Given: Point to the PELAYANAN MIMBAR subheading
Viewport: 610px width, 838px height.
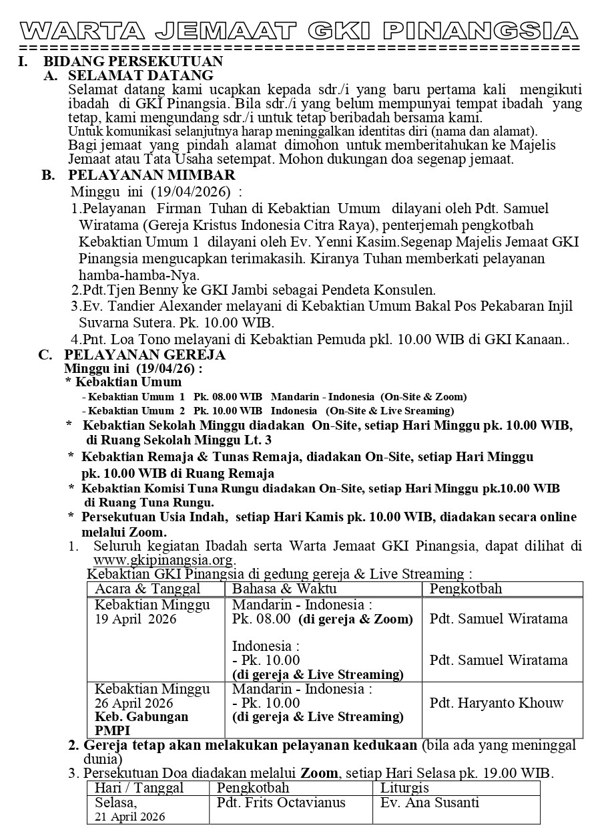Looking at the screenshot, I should coord(151,176).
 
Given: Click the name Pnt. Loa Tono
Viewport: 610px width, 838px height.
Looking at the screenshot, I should coord(123,339).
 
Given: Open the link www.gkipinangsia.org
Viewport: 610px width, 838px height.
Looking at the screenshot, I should coord(164,559).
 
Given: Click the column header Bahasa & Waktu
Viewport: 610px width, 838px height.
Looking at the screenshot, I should coord(284,589).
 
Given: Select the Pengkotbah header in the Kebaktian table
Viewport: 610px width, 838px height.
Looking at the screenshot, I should coord(466,589).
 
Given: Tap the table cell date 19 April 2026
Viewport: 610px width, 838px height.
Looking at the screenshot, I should coord(135,619).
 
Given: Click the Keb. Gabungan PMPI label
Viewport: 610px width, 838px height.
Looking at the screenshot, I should coord(141,723).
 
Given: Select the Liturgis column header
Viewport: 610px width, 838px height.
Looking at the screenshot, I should coord(404,788).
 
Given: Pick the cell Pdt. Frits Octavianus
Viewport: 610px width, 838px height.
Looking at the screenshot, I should coord(281,803).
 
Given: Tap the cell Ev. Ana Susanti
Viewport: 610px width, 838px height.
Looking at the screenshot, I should coord(430,803).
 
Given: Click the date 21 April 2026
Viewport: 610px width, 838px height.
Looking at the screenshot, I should coord(130,817).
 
